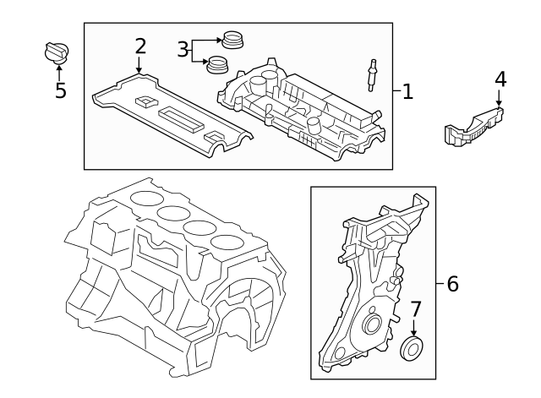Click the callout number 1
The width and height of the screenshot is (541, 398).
coord(407,91)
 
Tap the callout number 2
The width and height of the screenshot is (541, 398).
coord(140,46)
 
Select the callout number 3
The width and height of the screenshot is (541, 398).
coord(183,50)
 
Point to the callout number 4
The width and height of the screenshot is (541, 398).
coord(500,79)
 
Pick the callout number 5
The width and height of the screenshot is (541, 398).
coord(60,90)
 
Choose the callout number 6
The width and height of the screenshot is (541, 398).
coord(452,284)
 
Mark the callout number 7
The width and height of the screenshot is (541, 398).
coord(414,309)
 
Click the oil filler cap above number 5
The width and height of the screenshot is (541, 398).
coord(56,52)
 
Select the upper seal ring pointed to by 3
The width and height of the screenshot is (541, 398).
coord(232,39)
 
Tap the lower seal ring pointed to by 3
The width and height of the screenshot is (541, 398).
coord(219,63)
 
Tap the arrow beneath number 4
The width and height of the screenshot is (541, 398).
coord(500,99)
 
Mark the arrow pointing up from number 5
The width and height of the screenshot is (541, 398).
coord(59,71)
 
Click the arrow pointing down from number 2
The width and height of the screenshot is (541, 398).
coord(139,66)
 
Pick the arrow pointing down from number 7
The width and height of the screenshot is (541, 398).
coord(414,329)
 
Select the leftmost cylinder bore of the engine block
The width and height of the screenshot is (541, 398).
coord(145,200)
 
